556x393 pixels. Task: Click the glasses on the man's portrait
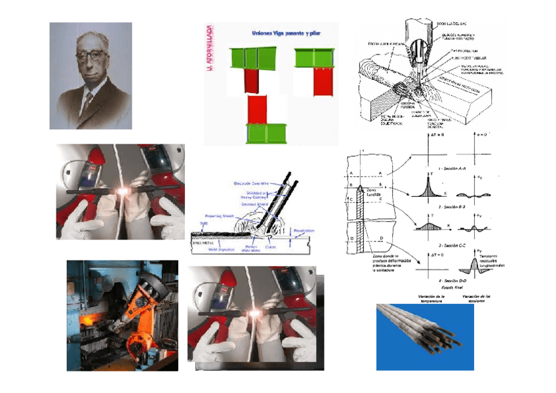(90, 55)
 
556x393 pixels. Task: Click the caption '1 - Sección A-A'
(452, 169)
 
